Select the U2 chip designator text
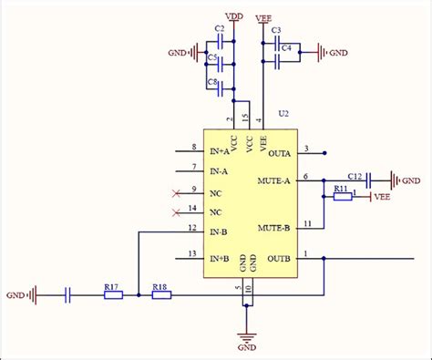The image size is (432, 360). click(x=283, y=113)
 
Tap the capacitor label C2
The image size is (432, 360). click(x=219, y=30)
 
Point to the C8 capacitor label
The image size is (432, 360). click(x=212, y=83)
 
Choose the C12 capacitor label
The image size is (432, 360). click(x=355, y=174)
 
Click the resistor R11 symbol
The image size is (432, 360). click(x=343, y=196)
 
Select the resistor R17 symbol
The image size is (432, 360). click(x=112, y=294)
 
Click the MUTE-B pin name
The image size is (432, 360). click(x=273, y=227)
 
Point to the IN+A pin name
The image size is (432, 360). click(x=220, y=151)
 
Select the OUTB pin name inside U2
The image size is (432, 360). click(x=278, y=259)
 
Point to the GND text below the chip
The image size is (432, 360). click(x=246, y=348)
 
